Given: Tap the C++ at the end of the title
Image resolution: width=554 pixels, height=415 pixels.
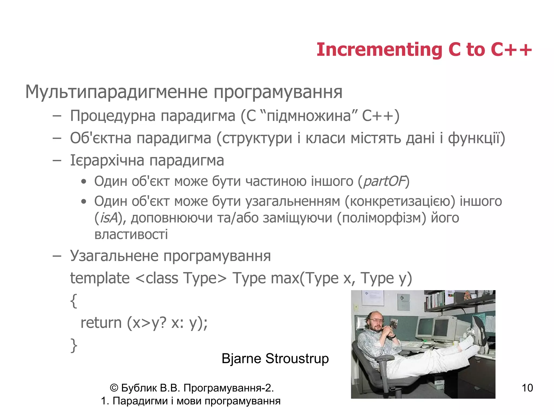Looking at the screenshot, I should click(511, 50).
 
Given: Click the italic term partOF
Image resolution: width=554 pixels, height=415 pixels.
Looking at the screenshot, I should click(384, 181).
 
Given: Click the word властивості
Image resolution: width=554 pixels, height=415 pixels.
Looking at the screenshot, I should click(131, 235).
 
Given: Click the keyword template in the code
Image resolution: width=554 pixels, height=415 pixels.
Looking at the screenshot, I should click(100, 278).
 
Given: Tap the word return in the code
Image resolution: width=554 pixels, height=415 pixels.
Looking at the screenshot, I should click(101, 323).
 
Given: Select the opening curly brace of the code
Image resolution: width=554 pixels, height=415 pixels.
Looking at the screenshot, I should click(74, 301).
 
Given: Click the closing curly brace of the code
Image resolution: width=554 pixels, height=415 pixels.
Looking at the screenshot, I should click(74, 345).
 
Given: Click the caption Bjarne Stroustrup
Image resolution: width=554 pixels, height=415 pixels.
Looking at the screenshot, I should click(275, 359).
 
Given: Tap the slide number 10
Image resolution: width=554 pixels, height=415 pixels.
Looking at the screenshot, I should click(527, 388).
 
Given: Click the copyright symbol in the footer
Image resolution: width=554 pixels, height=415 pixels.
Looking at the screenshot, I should click(114, 388).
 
